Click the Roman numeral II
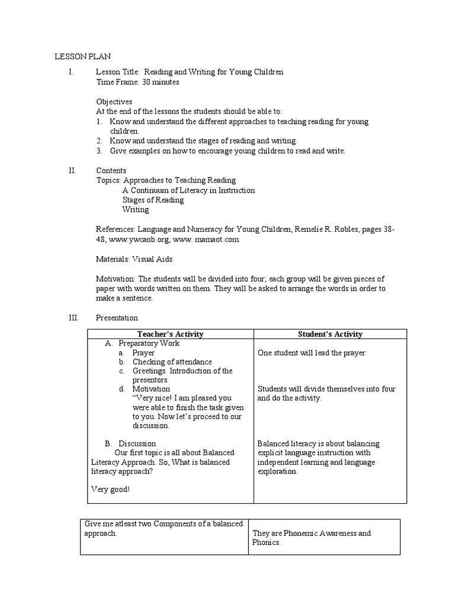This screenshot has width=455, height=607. click(72, 170)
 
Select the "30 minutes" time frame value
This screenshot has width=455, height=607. click(161, 82)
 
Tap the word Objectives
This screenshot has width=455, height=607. click(114, 101)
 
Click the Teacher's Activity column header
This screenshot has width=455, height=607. click(170, 334)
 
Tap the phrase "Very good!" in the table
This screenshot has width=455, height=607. click(111, 489)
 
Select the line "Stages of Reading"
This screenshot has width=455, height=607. click(153, 200)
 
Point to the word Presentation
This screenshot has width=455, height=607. click(117, 318)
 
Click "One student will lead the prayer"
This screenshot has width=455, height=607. click(312, 353)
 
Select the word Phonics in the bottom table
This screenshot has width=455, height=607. click(265, 542)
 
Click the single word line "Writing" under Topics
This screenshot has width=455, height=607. click(136, 209)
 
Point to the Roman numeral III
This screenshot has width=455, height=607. click(73, 318)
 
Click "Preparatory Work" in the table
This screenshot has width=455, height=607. click(149, 343)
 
